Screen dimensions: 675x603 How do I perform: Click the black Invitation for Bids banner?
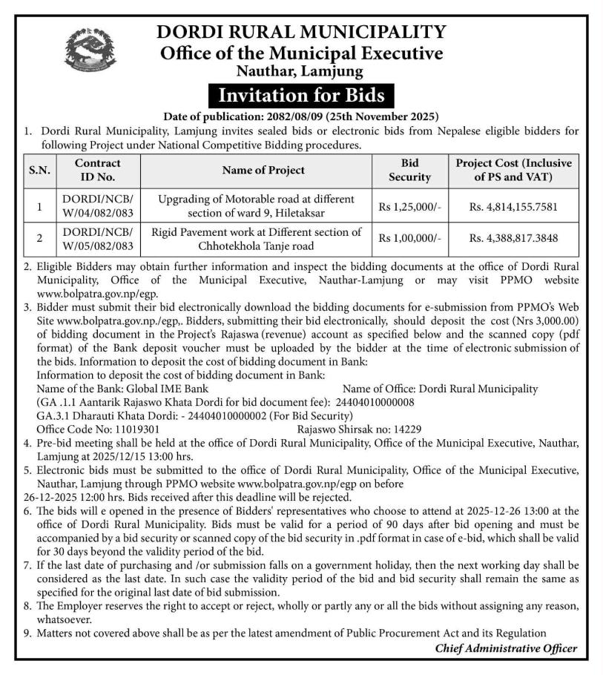coord(300,96)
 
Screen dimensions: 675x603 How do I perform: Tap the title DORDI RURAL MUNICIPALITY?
coord(300,32)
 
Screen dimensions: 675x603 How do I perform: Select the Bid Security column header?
coord(409,170)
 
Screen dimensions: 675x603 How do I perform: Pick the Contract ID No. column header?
coord(97,170)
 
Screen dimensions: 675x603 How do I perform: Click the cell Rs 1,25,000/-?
coord(409,208)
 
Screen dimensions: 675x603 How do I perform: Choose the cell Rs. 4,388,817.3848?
coord(513,239)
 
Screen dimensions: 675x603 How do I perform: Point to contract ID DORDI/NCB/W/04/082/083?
coord(97,208)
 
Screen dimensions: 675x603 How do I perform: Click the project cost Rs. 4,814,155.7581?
coord(513,208)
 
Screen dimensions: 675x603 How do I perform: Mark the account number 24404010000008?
coord(370,402)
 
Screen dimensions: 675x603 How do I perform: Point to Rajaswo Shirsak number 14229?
coord(404,429)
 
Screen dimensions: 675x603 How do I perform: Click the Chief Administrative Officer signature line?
coord(506,648)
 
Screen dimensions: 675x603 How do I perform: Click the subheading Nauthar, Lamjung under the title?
coord(300,72)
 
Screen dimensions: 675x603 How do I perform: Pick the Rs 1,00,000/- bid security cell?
coord(409,239)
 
